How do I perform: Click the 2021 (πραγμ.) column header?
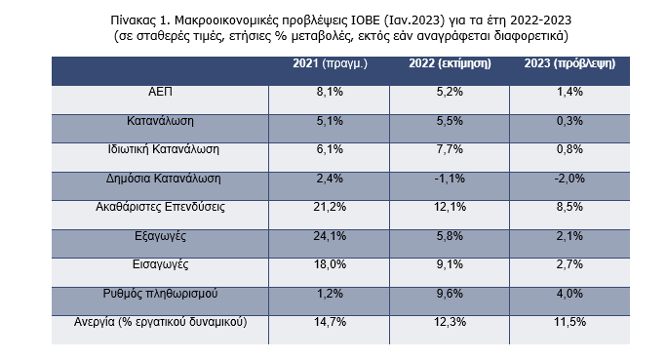[x=330, y=63]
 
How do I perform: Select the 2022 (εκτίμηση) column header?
[x=450, y=63]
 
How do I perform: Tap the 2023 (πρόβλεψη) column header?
[x=569, y=63]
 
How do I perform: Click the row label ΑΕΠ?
[x=160, y=92]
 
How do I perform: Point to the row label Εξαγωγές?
[x=160, y=236]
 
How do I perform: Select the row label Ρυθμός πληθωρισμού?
[x=160, y=294]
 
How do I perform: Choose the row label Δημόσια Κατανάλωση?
[x=164, y=179]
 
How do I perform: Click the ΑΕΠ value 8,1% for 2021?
[x=330, y=92]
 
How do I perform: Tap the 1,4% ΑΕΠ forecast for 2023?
[x=569, y=92]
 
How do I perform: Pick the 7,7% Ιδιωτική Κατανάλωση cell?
[x=450, y=149]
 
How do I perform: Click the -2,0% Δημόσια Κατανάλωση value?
[x=569, y=179]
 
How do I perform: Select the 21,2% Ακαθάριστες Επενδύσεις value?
[x=330, y=207]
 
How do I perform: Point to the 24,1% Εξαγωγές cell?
[x=330, y=236]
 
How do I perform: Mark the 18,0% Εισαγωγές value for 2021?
[x=330, y=264]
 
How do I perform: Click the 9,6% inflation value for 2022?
[x=450, y=294]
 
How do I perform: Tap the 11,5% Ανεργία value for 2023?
[x=569, y=322]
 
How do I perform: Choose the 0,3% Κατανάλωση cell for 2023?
[x=569, y=121]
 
